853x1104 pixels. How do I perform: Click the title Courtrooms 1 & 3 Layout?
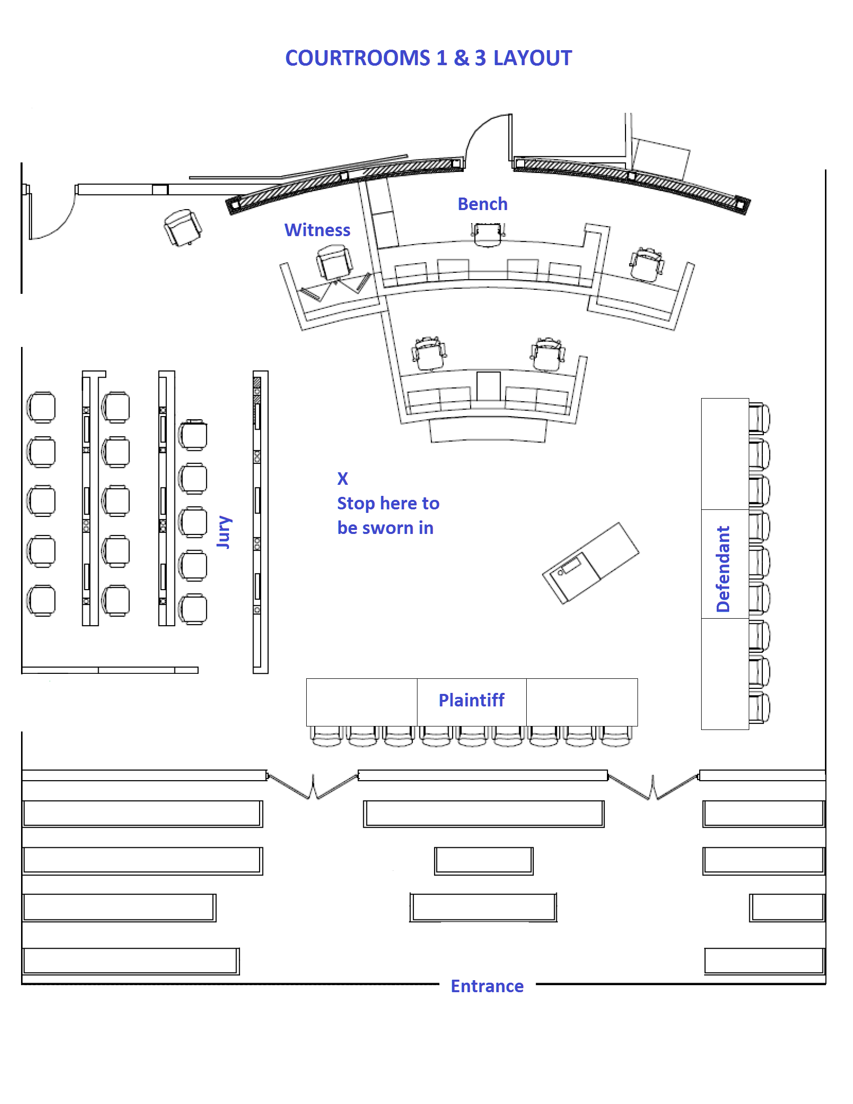[428, 58]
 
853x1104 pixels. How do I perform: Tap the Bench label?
[482, 204]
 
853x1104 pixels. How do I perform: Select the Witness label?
[317, 230]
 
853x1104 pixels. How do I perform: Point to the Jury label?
[224, 532]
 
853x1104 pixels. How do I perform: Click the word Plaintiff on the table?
[471, 700]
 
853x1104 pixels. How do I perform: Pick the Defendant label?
[723, 569]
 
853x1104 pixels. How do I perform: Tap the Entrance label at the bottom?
[487, 986]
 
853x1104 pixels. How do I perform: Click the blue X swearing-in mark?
[343, 478]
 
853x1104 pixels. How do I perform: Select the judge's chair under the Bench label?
[488, 235]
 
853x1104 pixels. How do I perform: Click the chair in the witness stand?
[334, 262]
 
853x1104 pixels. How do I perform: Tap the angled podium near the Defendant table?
[590, 563]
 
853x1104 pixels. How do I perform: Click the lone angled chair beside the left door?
[182, 227]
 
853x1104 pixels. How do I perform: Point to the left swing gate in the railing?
[313, 786]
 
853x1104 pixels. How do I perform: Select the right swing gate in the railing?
[654, 787]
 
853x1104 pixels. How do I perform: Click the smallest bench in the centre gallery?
[484, 860]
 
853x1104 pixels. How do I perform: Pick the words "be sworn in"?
[385, 528]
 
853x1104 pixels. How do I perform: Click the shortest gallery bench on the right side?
[787, 907]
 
